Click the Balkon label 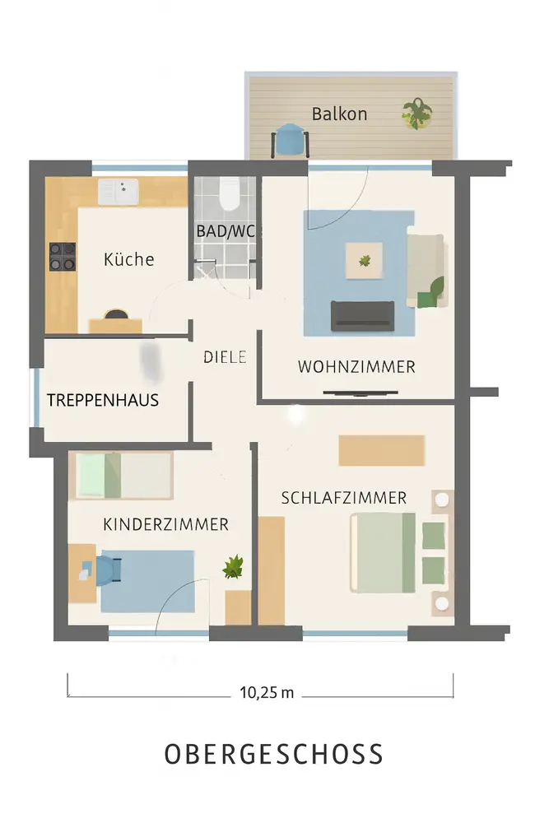(x=339, y=114)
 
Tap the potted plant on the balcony (x=416, y=114)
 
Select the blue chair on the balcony (x=290, y=140)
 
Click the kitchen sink (x=118, y=192)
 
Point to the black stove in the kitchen (x=63, y=257)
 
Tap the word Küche (x=129, y=259)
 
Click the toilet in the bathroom (x=230, y=193)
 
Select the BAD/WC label (x=226, y=231)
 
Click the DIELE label (x=225, y=357)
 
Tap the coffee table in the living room (x=364, y=261)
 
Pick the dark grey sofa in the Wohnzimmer (x=362, y=316)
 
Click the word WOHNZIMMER (x=356, y=366)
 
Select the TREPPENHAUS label (x=103, y=401)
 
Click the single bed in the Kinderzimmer (x=124, y=476)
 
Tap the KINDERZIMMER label (x=166, y=524)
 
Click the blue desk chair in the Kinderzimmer (x=108, y=569)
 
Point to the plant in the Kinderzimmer (x=233, y=567)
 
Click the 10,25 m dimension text (x=267, y=693)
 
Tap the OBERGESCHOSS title (x=274, y=754)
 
